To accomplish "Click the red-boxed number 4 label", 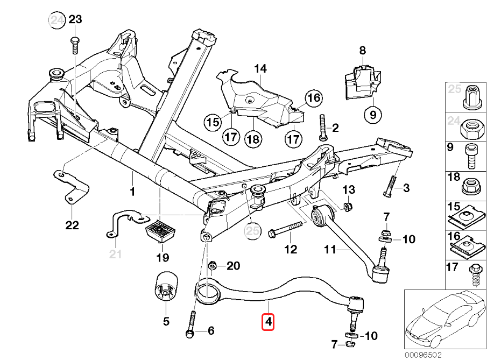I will (268, 322).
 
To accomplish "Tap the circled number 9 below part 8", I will (372, 114).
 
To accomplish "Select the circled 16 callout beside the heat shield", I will (313, 98).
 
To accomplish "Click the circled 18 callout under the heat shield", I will (253, 138).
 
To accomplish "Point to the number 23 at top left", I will (75, 20).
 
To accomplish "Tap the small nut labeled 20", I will (213, 265).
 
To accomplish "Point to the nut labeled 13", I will (348, 207).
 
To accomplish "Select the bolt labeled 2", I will (323, 126).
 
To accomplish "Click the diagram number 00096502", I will (423, 355).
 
